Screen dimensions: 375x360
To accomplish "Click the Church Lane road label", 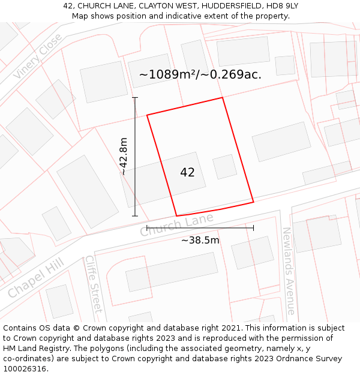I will pyautogui.click(x=177, y=226).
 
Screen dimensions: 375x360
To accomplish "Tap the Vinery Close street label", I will pyautogui.click(x=38, y=56).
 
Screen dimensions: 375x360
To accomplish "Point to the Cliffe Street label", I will pyautogui.click(x=94, y=284).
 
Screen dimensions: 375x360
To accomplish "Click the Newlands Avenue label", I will pyautogui.click(x=289, y=271).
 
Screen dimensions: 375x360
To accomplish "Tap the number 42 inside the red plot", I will pyautogui.click(x=187, y=173).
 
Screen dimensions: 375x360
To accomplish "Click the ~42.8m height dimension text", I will pyautogui.click(x=124, y=156).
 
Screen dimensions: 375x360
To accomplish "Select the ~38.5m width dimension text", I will pyautogui.click(x=200, y=241).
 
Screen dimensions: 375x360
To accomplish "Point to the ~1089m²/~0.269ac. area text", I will pyautogui.click(x=200, y=75).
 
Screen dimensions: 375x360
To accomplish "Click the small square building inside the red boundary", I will pyautogui.click(x=225, y=167).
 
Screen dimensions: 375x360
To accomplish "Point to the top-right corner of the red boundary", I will pyautogui.click(x=223, y=98).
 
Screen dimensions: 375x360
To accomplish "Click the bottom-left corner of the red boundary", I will pyautogui.click(x=176, y=216).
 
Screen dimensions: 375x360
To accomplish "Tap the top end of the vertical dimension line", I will pyautogui.click(x=135, y=98).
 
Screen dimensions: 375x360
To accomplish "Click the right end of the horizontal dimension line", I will pyautogui.click(x=253, y=228).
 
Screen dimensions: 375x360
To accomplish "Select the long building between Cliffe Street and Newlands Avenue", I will pyautogui.click(x=172, y=271).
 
